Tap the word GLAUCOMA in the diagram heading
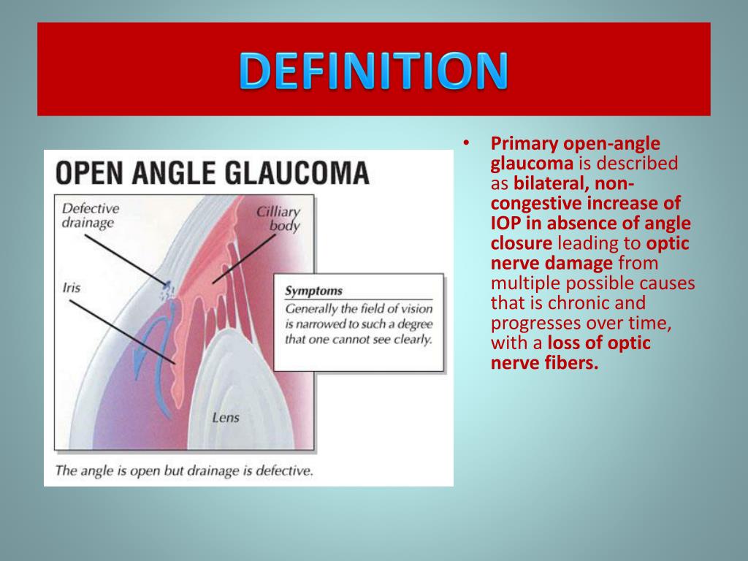(x=297, y=172)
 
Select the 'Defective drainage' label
(x=90, y=215)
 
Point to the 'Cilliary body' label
(x=278, y=218)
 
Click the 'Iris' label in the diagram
(x=72, y=288)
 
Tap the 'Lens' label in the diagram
(x=226, y=417)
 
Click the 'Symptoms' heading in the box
(x=313, y=291)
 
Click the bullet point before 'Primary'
(x=466, y=143)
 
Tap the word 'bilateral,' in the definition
(x=549, y=183)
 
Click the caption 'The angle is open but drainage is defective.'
(x=184, y=471)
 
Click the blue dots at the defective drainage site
(x=168, y=291)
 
